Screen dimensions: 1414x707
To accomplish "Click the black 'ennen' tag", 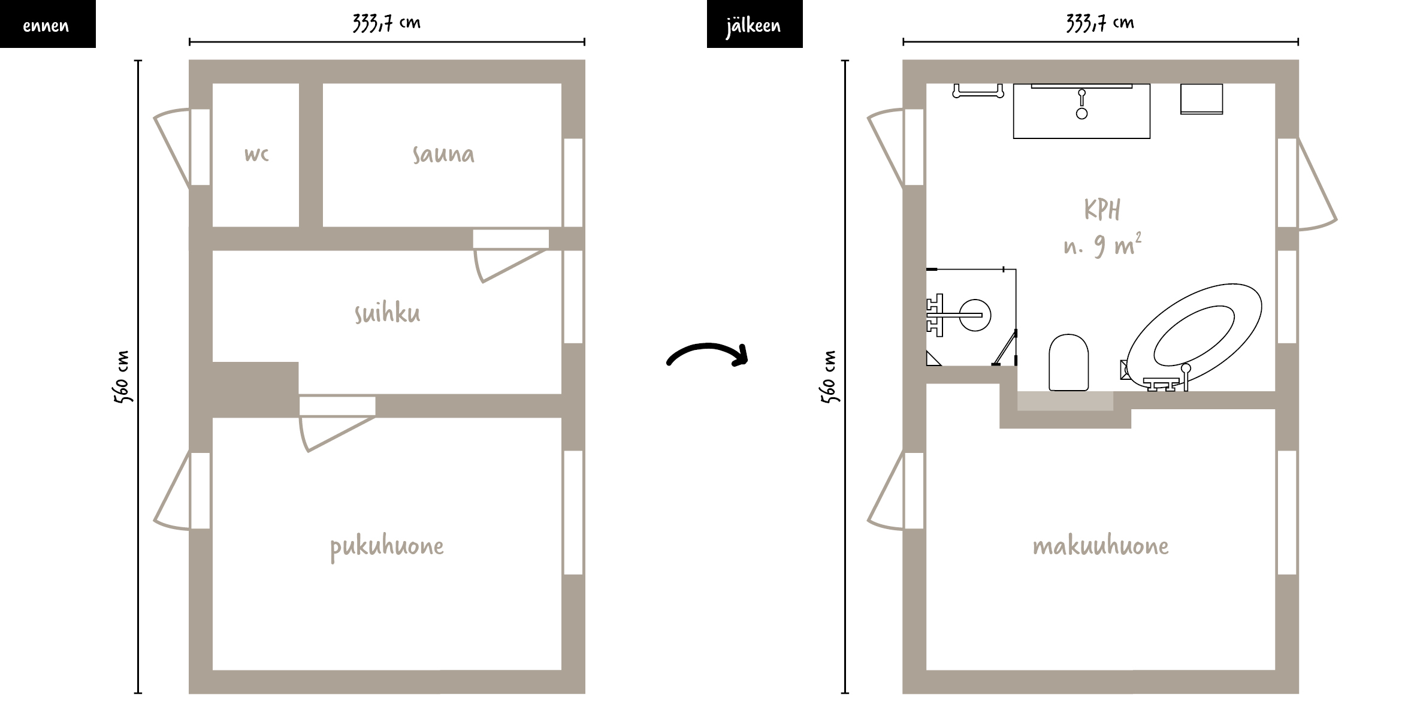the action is pos(47,24).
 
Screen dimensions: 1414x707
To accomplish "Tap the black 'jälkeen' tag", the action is pos(754,24).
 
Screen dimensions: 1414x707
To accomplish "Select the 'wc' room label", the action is pos(256,155).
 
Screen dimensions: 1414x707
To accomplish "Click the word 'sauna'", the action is pos(443,154).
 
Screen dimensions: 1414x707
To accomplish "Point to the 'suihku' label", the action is pos(387,313).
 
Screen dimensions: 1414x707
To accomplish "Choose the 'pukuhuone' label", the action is pos(387,547).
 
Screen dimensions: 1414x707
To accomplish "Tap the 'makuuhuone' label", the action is pos(1101,546).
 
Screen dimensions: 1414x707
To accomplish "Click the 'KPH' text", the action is pos(1102,210).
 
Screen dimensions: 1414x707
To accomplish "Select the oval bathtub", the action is pos(1194,336).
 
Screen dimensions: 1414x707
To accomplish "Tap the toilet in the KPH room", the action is pos(1068,362).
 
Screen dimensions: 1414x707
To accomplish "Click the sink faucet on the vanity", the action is pos(1081,104).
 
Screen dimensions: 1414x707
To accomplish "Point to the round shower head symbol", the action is pos(975,315).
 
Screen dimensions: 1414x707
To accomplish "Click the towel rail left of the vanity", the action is pos(978,90).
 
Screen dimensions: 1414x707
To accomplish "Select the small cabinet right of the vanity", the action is pos(1201,99).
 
